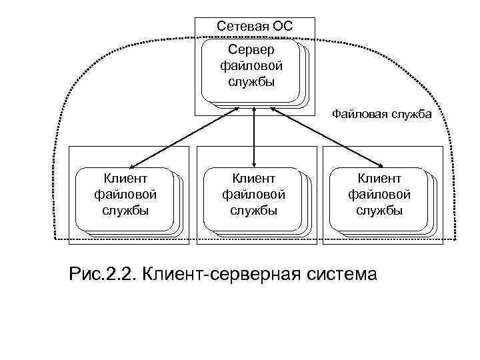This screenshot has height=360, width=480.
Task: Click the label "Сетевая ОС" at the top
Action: (255, 27)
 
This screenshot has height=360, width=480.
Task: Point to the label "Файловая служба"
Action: (382, 115)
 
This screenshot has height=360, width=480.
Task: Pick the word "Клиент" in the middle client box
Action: (253, 178)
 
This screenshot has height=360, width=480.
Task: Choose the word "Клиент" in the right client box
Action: (379, 178)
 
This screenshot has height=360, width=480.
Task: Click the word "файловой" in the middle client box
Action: (253, 195)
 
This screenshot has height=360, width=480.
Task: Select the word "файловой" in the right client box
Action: (379, 195)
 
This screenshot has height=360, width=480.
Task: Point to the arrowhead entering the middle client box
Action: (254, 163)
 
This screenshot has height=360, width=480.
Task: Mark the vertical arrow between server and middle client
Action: (254, 137)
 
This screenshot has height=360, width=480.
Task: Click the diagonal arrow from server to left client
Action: (184, 137)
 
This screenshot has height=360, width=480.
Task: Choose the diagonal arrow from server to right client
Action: (327, 137)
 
